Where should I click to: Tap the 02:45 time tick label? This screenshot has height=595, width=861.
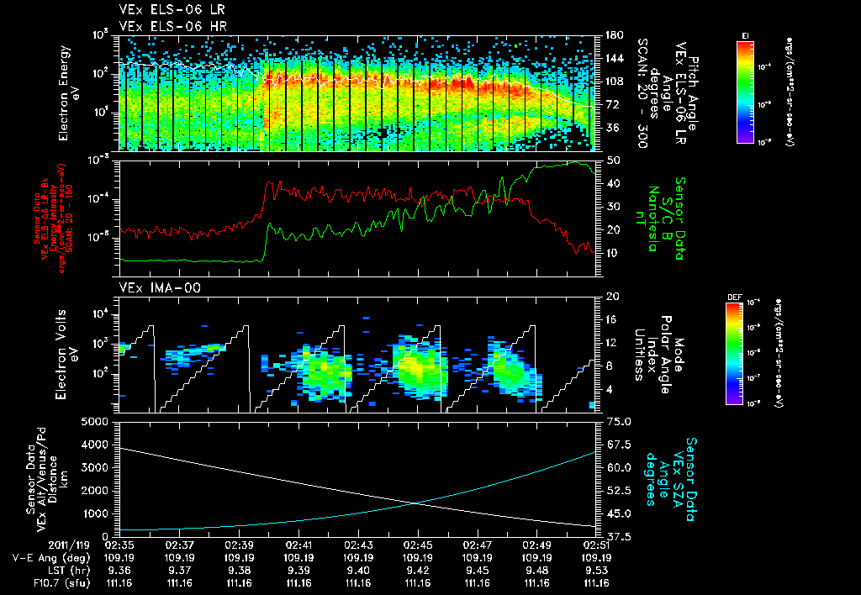point(418,545)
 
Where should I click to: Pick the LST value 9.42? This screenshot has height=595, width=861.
point(418,570)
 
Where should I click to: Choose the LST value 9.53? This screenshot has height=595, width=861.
point(597,570)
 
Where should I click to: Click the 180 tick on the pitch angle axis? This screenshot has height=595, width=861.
point(612,35)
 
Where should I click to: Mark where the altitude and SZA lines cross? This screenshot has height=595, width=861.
point(415,503)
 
